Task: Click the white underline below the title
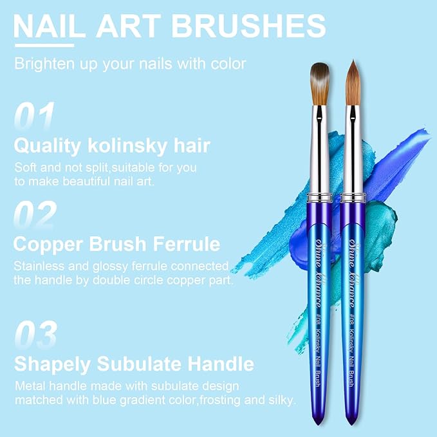coord(44,44)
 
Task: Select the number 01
coord(34,116)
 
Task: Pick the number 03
coord(35,335)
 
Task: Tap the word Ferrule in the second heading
coord(183,245)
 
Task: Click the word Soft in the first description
coord(26,167)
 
